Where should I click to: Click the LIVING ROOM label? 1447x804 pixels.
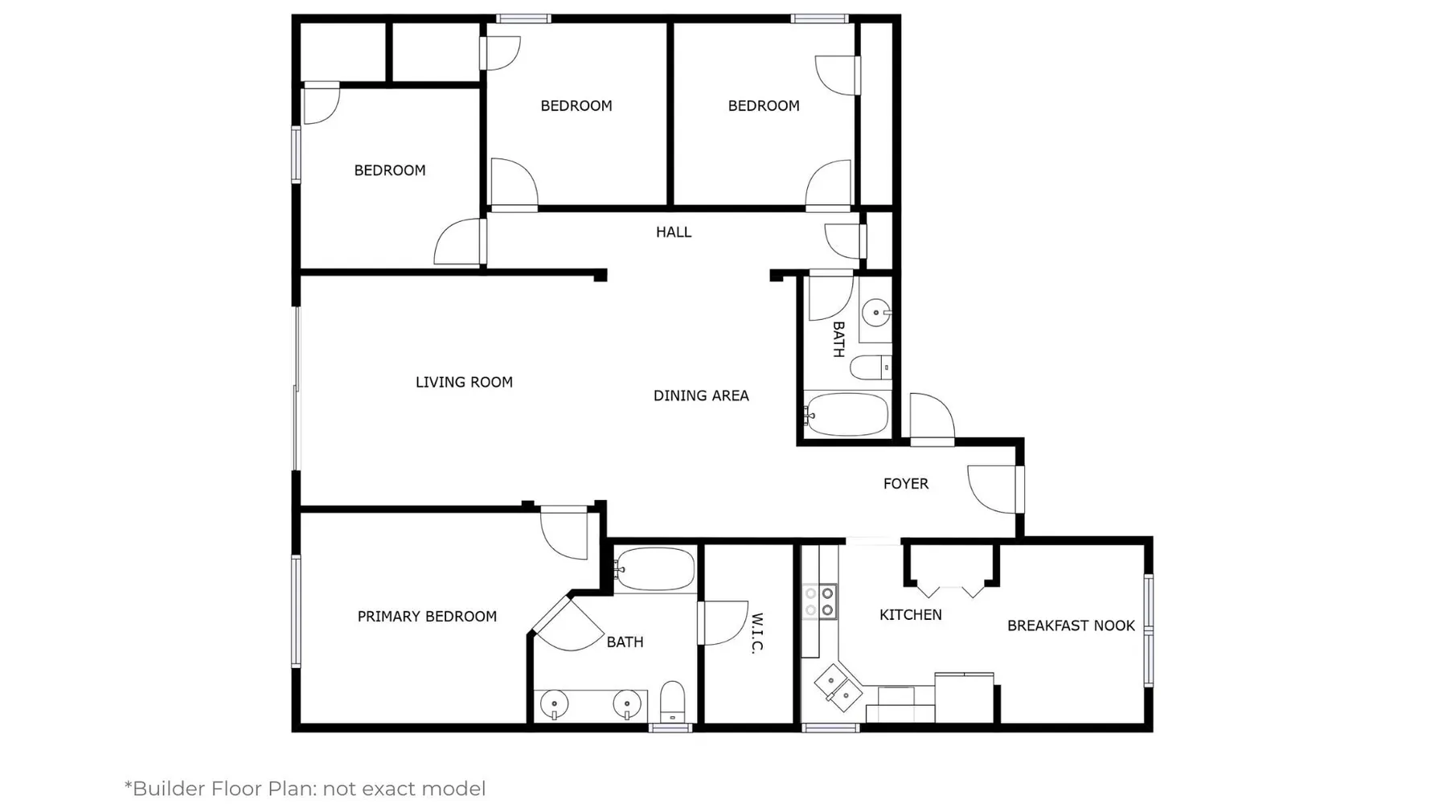[x=464, y=382]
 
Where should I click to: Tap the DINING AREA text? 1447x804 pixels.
[x=701, y=396]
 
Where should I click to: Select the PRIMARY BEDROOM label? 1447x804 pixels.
[x=427, y=617]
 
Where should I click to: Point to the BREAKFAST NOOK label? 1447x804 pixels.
[x=1071, y=626]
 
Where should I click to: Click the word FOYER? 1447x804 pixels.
[x=906, y=484]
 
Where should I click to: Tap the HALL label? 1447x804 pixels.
[x=674, y=232]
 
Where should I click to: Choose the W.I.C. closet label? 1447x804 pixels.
[x=756, y=634]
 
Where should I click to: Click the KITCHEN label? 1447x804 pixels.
[x=911, y=615]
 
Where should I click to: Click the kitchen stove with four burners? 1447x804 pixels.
[x=820, y=602]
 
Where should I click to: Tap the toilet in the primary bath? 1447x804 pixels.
[x=672, y=702]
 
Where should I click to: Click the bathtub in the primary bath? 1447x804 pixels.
[x=654, y=569]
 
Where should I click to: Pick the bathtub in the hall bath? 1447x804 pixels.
[x=846, y=415]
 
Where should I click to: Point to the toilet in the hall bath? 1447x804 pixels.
[x=871, y=367]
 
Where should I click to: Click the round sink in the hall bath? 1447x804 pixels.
[x=875, y=313]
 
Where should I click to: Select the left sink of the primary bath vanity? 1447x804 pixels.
[x=554, y=705]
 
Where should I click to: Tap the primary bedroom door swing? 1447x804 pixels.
[x=564, y=532]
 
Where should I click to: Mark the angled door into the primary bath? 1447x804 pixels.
[x=568, y=624]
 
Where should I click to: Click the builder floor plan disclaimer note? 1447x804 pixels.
[x=305, y=789]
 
